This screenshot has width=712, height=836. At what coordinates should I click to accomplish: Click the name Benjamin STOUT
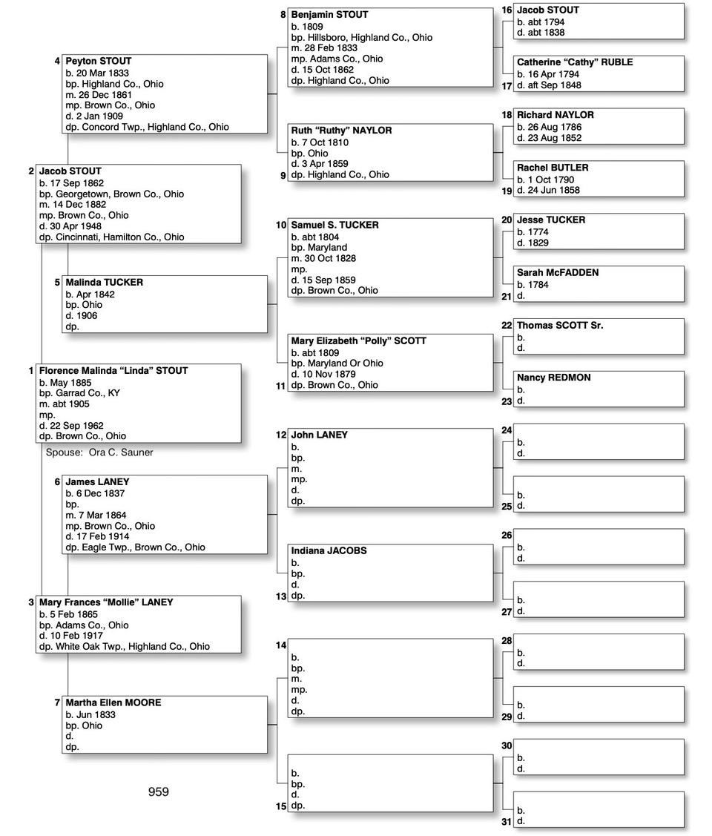coord(329,15)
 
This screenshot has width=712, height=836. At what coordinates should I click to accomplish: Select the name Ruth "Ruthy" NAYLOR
coord(341,131)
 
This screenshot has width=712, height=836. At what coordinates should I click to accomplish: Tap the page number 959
coord(158,791)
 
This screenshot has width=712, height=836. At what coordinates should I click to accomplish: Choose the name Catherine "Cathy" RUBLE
coord(575,62)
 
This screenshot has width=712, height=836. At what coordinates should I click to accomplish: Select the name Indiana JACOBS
coord(329,551)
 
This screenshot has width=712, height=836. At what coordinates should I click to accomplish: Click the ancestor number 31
coord(507,821)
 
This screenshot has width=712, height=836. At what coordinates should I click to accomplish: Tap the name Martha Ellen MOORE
coord(113,702)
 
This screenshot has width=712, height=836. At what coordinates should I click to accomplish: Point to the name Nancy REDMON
coord(553,378)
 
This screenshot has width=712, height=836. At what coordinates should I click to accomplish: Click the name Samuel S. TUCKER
coord(334,225)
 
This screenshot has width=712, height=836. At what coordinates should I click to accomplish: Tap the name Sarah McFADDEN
coord(558,272)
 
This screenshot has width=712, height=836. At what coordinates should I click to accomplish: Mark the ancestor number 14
coord(281,645)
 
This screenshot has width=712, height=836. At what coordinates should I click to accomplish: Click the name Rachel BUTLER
coord(553,168)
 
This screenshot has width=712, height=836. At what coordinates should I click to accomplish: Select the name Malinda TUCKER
coord(104,282)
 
